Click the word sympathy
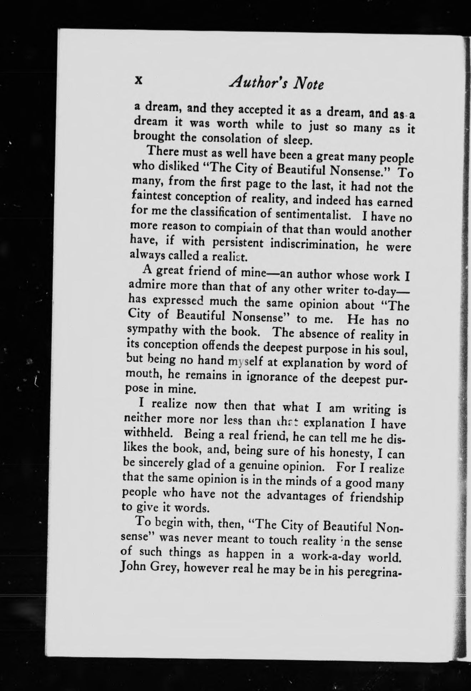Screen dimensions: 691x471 tap(153, 331)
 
